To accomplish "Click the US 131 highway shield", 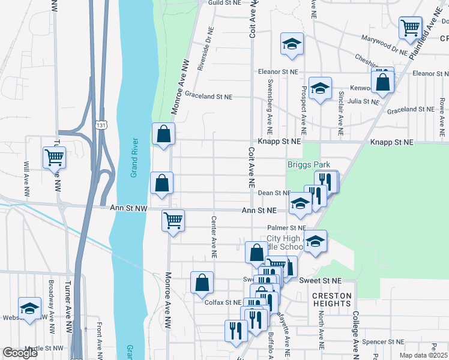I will click(x=102, y=123).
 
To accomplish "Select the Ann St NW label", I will click(x=128, y=208).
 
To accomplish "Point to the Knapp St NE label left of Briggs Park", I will click(x=279, y=142).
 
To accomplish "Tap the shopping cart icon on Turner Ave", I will click(x=54, y=157).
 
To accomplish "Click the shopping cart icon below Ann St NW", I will click(x=173, y=220).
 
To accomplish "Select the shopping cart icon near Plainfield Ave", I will click(x=410, y=26).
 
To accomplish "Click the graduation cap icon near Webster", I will click(x=29, y=308).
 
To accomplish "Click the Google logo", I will click(x=20, y=353).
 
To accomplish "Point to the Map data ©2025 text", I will click(x=424, y=355).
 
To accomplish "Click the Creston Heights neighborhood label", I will click(x=331, y=300).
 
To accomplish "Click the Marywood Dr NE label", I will click(x=385, y=46).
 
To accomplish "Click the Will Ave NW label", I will click(x=26, y=179).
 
